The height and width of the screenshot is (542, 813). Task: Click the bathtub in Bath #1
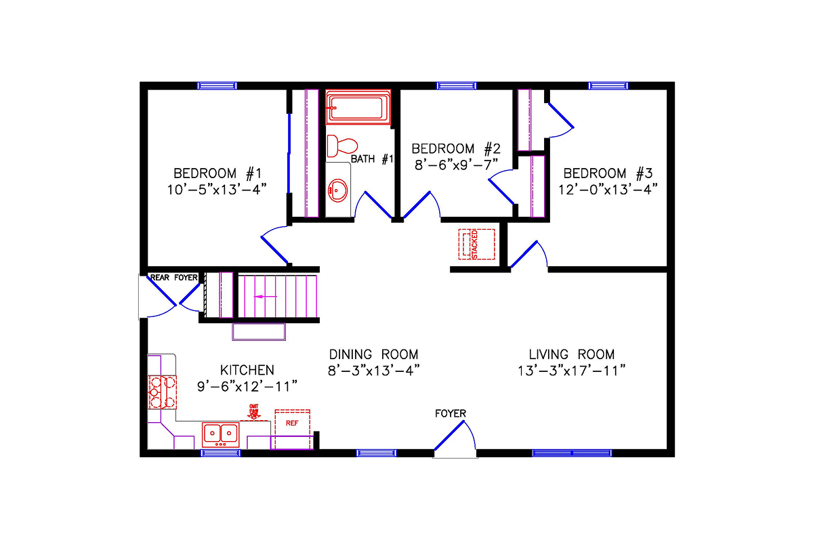358,108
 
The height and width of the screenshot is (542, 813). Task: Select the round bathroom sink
338,191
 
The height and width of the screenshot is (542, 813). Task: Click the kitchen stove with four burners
162,391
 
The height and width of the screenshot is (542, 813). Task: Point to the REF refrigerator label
292,423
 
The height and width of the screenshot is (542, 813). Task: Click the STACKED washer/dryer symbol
476,244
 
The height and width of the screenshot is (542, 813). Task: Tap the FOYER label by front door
451,413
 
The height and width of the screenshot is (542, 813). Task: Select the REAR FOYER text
173,277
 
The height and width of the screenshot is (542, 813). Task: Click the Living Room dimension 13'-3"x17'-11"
572,371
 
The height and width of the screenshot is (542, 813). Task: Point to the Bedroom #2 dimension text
455,163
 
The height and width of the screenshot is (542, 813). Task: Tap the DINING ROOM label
373,354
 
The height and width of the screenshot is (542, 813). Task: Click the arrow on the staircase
265,296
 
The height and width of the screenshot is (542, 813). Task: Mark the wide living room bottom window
572,453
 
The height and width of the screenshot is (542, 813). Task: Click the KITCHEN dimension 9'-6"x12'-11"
247,386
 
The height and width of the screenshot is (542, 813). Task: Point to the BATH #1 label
372,159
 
